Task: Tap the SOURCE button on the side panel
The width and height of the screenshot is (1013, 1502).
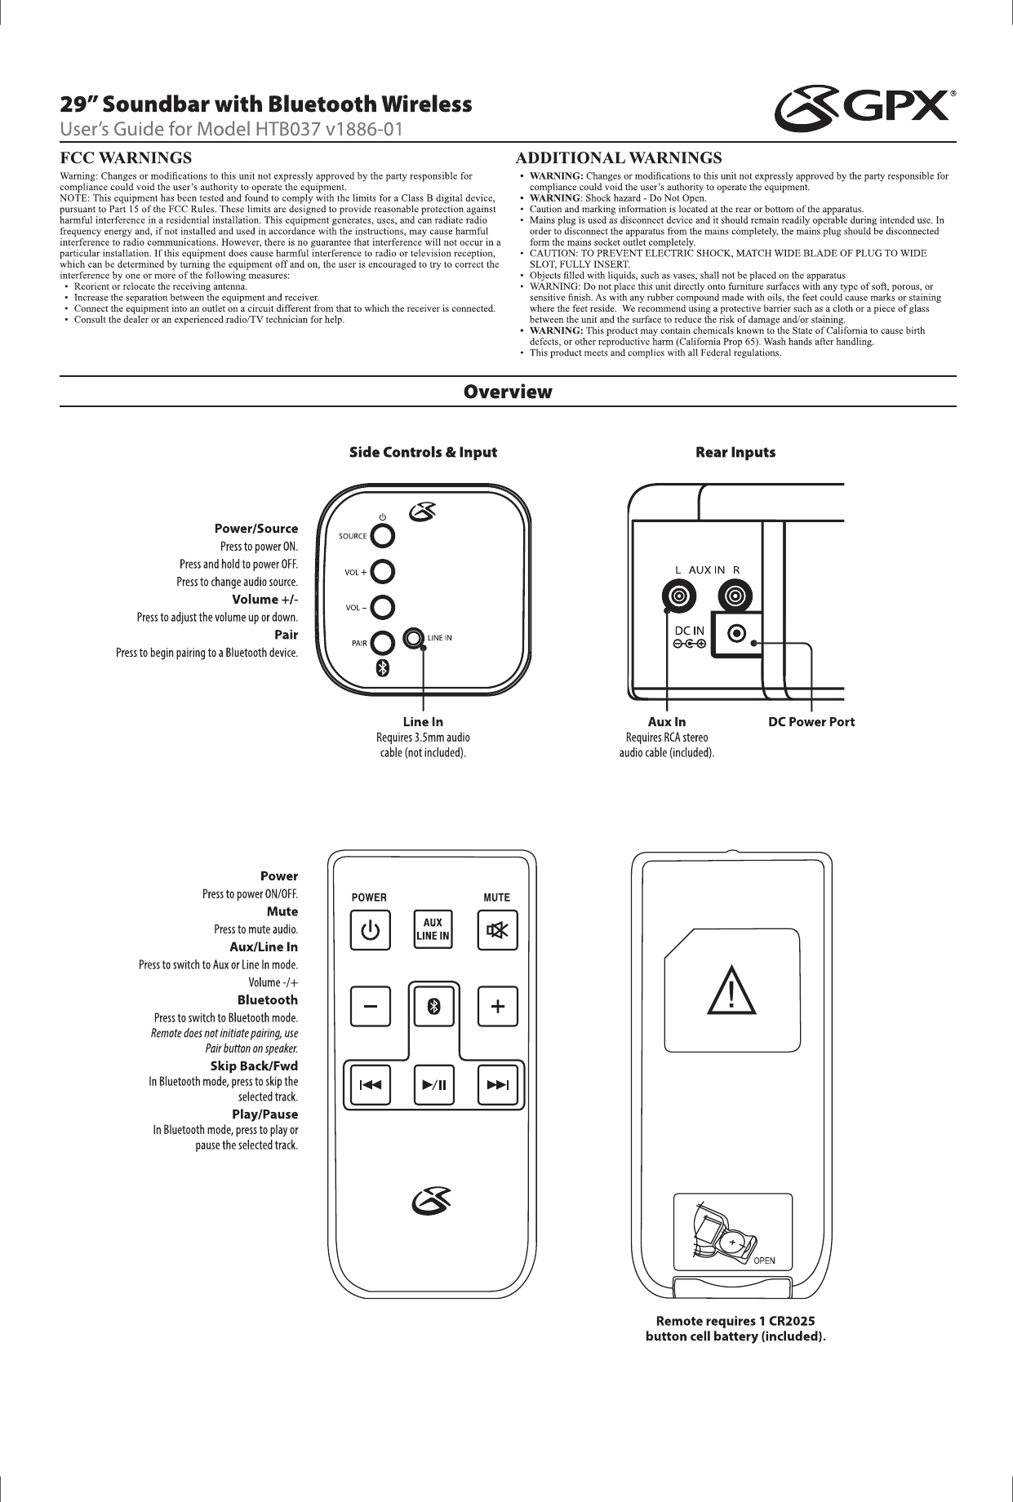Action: [x=382, y=536]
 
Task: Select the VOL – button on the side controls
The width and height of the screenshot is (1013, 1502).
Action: [x=382, y=608]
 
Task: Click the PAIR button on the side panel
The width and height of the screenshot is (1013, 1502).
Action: [x=382, y=643]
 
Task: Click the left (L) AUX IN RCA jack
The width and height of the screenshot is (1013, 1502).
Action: [x=678, y=595]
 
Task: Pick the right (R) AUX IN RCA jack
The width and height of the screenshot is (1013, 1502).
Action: [x=736, y=595]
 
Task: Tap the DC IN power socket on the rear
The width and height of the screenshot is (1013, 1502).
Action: [x=737, y=633]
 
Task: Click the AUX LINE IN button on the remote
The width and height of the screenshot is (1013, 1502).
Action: [x=433, y=930]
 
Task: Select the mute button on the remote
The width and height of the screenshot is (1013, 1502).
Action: [x=497, y=930]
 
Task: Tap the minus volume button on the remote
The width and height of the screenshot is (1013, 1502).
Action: [x=371, y=1007]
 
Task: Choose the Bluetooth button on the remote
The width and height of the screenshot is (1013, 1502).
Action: [x=434, y=1007]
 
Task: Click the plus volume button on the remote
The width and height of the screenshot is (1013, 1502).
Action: [x=497, y=1007]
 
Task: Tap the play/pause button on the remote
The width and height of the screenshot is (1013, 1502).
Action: [x=434, y=1085]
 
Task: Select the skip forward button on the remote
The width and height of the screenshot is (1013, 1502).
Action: [x=497, y=1085]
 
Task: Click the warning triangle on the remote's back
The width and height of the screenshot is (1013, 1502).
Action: [x=731, y=990]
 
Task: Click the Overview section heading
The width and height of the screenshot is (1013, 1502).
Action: [x=508, y=392]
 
